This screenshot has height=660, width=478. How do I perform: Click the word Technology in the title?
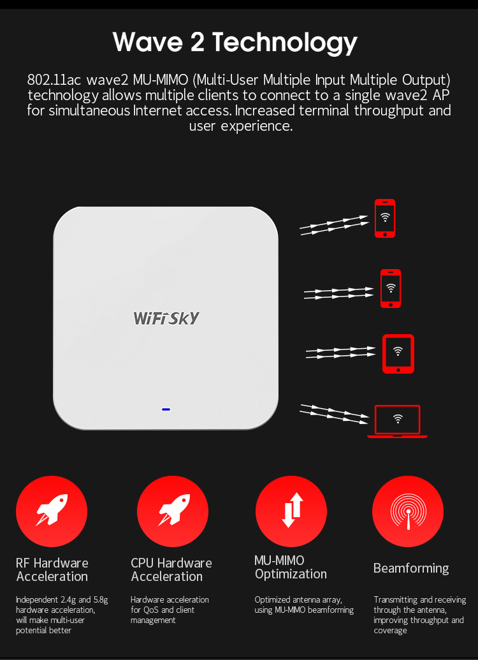click(x=284, y=43)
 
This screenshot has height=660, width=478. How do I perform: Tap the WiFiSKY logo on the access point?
click(x=166, y=318)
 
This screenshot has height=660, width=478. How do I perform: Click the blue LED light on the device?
click(x=166, y=409)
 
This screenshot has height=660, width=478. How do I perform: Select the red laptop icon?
click(x=397, y=422)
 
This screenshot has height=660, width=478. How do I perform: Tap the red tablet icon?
click(x=398, y=354)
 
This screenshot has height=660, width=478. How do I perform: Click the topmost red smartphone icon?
click(x=385, y=219)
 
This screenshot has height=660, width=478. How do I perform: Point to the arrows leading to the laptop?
click(x=335, y=414)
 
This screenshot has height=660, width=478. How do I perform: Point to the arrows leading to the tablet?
click(x=340, y=353)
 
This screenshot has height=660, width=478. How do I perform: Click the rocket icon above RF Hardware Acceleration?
click(x=52, y=510)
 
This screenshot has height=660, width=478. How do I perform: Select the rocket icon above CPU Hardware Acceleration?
click(x=173, y=510)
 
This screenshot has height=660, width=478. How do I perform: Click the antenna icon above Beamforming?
click(x=408, y=511)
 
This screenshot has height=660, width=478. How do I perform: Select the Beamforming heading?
click(x=411, y=568)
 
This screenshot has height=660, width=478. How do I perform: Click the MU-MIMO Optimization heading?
click(x=291, y=567)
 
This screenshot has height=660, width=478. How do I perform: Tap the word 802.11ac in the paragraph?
click(x=54, y=80)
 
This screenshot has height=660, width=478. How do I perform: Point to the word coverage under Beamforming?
click(x=390, y=631)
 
